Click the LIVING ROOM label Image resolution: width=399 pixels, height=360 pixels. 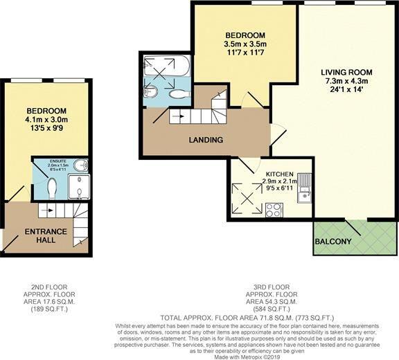(x=346, y=72)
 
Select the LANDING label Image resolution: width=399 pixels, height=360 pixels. (x=206, y=140)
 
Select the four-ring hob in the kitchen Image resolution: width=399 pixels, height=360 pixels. (x=273, y=210)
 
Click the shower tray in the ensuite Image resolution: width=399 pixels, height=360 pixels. (x=79, y=187)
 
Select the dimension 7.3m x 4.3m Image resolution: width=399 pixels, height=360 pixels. (x=346, y=82)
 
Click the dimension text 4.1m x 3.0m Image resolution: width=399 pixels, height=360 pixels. (x=46, y=120)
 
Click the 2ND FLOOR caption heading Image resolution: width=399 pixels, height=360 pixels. (x=46, y=286)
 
